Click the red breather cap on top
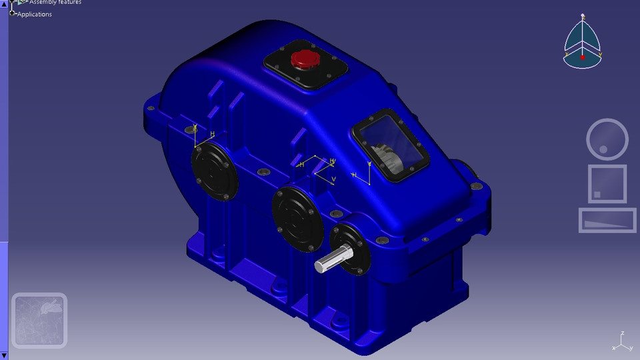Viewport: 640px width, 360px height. click(305, 59)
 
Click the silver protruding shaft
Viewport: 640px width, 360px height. click(330, 261)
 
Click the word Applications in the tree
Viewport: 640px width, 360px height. click(35, 14)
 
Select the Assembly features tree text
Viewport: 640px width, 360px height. click(55, 3)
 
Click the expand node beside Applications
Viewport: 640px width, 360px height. click(13, 13)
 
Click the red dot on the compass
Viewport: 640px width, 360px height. click(583, 58)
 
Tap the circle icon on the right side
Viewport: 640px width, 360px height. click(607, 139)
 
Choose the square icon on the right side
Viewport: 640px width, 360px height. click(607, 183)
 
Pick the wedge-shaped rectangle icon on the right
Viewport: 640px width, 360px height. click(607, 220)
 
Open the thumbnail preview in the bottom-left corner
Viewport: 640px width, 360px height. click(39, 321)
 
